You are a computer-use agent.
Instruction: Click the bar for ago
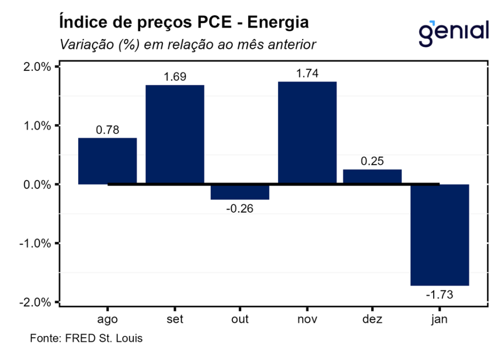pyautogui.click(x=108, y=161)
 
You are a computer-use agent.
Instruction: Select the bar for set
pyautogui.click(x=175, y=134)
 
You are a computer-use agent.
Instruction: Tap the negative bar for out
pyautogui.click(x=241, y=192)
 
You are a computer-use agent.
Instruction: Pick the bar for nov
pyautogui.click(x=307, y=133)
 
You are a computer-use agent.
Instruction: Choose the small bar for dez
pyautogui.click(x=373, y=177)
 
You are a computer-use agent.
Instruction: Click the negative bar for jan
pyautogui.click(x=440, y=235)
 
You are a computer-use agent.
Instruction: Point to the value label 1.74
pyautogui.click(x=307, y=74)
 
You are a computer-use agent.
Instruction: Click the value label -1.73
pyautogui.click(x=439, y=295)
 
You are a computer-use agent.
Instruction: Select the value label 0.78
pyautogui.click(x=108, y=131)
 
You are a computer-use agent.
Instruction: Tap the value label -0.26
pyautogui.click(x=241, y=208)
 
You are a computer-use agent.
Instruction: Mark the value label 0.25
pyautogui.click(x=373, y=162)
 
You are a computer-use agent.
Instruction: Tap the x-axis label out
pyautogui.click(x=240, y=319)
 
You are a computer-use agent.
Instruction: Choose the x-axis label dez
pyautogui.click(x=373, y=319)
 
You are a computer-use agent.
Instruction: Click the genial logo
pyautogui.click(x=454, y=32)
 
